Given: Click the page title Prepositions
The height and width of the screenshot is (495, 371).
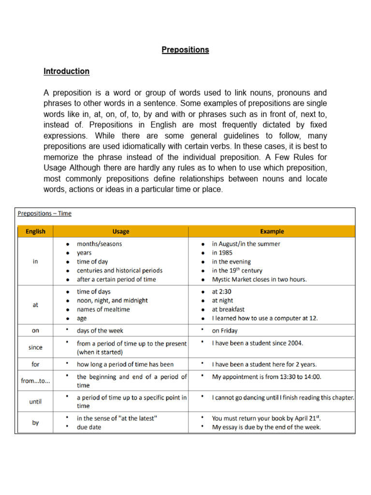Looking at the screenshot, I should pos(185,50).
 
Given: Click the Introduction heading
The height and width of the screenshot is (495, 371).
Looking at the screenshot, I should pos(67,71).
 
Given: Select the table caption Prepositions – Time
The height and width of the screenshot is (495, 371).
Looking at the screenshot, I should pos(44,213).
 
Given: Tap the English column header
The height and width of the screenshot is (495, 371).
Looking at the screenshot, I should pos(35,232).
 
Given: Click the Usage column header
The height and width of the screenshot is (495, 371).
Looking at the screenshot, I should pos(121,232).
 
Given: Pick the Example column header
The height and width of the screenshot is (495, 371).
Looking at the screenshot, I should pos(272,232).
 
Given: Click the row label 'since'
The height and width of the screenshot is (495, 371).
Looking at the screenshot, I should pos(35,347).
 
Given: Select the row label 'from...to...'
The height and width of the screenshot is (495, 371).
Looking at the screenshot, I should pos(35,381).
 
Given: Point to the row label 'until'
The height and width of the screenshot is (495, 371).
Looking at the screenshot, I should pos(35,401).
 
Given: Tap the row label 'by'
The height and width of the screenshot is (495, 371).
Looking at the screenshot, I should pos(35,422).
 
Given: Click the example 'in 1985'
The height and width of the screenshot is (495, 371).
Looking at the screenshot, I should pos(223,253).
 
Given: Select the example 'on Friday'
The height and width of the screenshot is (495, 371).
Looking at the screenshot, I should pos(225,331).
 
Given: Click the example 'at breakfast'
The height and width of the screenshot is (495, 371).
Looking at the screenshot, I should pos(228,309).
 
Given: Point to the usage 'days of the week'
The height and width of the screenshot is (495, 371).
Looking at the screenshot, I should pos(100,331).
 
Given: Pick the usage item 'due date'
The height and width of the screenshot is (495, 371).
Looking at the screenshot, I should pos(89,427).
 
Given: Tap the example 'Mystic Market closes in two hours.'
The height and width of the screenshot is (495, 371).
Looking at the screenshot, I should pos(259,279).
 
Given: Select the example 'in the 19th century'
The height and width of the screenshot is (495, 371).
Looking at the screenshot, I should pos(237,270).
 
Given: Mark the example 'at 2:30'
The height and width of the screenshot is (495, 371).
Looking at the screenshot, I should pos(222,291).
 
